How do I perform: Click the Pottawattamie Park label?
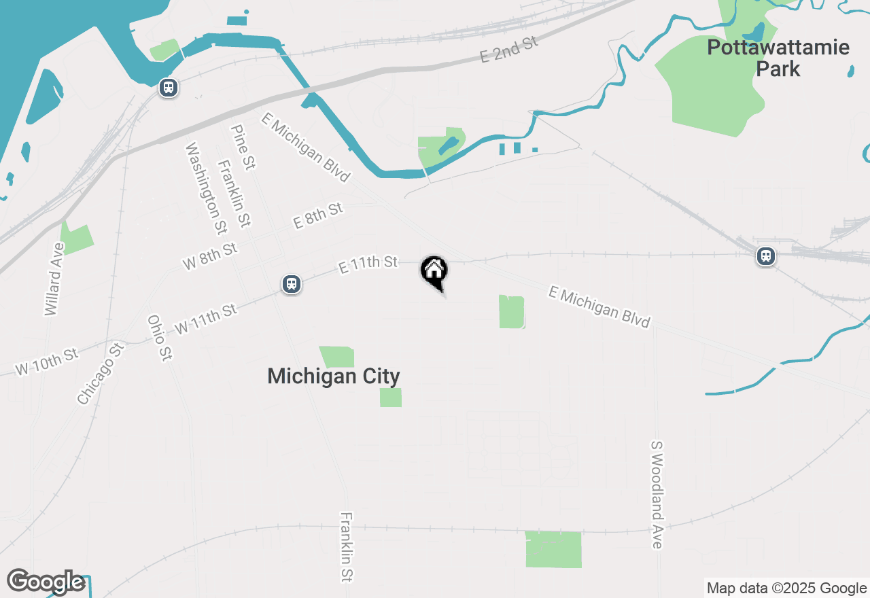click(778, 58)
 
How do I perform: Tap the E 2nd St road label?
click(509, 50)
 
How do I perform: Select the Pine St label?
click(243, 147)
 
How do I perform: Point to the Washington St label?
click(206, 186)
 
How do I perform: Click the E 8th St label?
click(317, 215)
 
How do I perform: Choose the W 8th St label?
click(210, 256)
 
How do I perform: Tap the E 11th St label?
click(368, 265)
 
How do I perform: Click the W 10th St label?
click(47, 362)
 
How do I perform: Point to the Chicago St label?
click(101, 374)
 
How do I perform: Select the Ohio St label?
click(158, 338)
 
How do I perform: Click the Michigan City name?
click(334, 376)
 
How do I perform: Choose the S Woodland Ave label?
click(657, 494)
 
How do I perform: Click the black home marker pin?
click(434, 271)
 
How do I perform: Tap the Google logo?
click(46, 582)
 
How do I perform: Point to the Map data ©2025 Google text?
click(786, 588)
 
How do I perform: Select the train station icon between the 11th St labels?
click(292, 283)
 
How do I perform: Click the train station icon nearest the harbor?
click(169, 88)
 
